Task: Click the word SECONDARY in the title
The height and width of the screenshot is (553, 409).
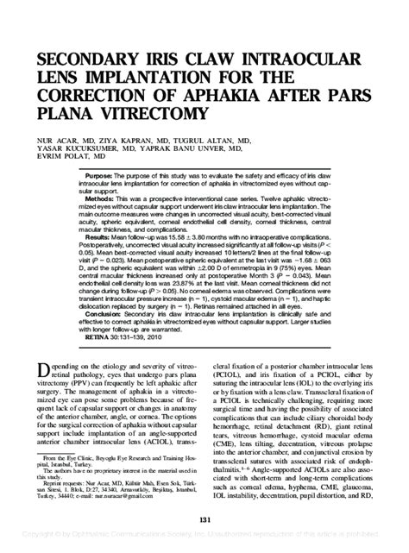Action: coord(90,60)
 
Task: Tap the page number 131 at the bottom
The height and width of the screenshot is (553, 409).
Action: coord(204,518)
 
